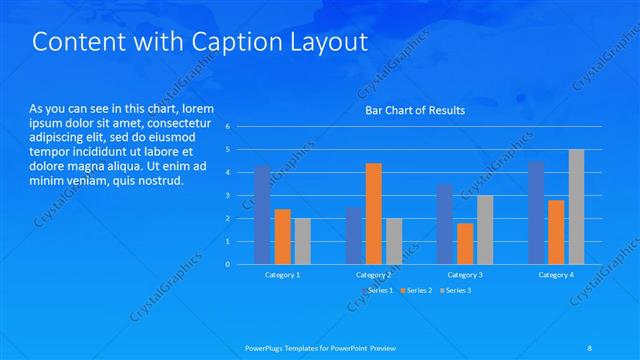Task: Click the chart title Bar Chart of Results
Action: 414,110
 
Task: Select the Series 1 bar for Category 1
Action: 262,215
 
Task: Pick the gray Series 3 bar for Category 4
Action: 576,207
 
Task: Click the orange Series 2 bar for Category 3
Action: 464,243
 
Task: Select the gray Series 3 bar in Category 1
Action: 302,241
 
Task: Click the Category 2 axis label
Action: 373,274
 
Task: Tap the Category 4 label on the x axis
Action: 556,274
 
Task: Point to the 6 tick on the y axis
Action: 228,127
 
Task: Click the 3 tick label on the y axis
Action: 228,196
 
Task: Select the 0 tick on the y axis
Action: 228,265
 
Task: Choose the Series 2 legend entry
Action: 415,290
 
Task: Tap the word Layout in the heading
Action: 328,43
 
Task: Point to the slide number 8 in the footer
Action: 591,348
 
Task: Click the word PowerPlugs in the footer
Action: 267,348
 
